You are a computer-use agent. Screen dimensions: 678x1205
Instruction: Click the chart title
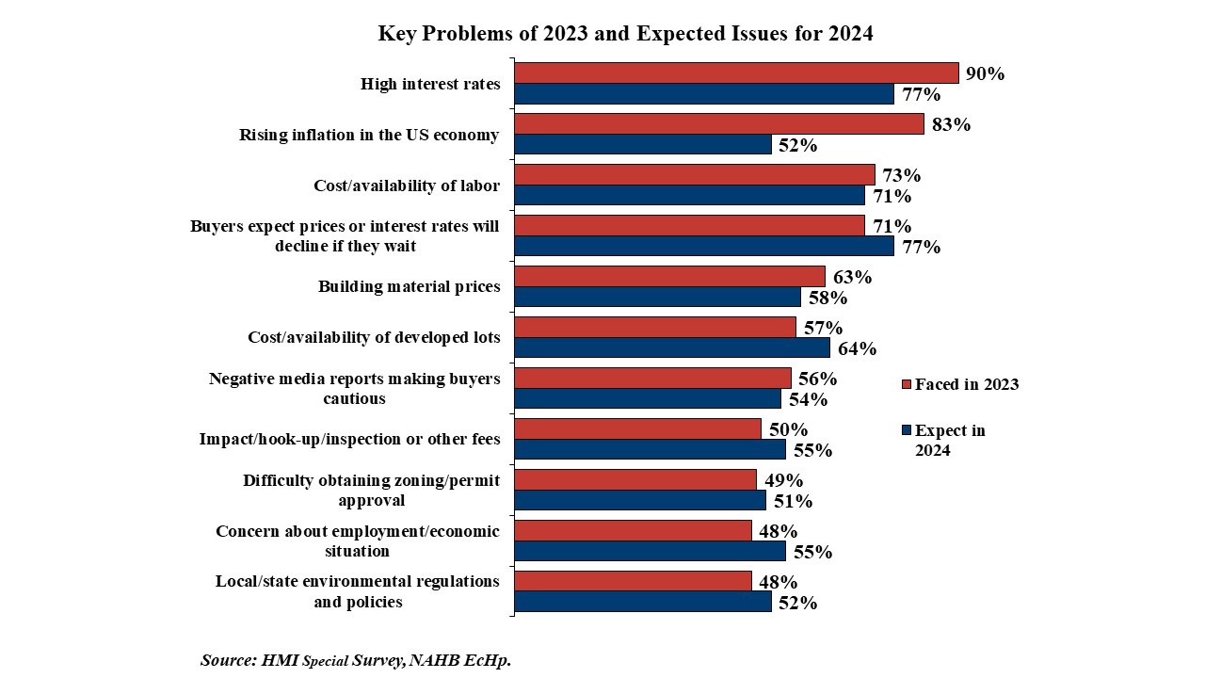[x=625, y=34]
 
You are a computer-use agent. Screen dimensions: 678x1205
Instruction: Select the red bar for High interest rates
[x=736, y=73]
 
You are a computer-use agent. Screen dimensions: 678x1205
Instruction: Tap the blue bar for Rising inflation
[x=643, y=145]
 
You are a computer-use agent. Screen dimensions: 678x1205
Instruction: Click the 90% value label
[x=985, y=73]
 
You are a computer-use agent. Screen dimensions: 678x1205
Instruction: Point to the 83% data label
[x=951, y=124]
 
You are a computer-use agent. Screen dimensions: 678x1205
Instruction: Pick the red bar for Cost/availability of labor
[x=695, y=175]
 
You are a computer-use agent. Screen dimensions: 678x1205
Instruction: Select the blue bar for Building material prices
[x=657, y=298]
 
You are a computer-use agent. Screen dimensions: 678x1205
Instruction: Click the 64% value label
[x=857, y=348]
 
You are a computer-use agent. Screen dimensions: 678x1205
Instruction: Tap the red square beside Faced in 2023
[x=907, y=385]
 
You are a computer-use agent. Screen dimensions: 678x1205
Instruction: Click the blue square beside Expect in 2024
[x=907, y=431]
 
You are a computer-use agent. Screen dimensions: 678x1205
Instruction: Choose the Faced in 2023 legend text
[x=967, y=384]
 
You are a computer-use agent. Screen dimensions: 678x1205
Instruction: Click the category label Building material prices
[x=409, y=286]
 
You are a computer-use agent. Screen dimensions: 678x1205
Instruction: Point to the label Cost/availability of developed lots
[x=374, y=337]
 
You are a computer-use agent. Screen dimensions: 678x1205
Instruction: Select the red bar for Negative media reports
[x=652, y=379]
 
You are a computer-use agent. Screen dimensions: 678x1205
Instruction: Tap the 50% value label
[x=788, y=429]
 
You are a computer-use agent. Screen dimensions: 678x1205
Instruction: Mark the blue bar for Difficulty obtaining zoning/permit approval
[x=640, y=501]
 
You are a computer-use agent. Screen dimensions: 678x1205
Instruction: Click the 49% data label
[x=782, y=480]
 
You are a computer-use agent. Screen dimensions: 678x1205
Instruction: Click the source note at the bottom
[x=356, y=660]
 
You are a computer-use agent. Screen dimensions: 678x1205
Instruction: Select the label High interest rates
[x=430, y=84]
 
